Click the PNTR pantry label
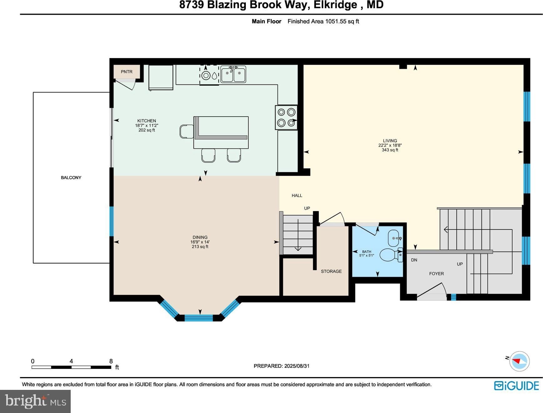[127, 72]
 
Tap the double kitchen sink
[233, 74]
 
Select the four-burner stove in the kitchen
[286, 117]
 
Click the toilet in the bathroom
[391, 254]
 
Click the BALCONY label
[71, 178]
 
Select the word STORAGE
[331, 271]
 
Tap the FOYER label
[436, 274]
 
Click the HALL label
[297, 195]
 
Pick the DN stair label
[414, 260]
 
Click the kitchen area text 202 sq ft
[147, 130]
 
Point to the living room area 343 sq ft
[390, 150]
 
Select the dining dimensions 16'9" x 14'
[200, 242]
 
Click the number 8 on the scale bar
[111, 361]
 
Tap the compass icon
[519, 361]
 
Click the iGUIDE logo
[517, 386]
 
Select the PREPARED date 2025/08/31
[297, 366]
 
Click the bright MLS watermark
[35, 401]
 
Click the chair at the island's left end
[187, 131]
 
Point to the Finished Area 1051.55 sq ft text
[323, 21]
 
